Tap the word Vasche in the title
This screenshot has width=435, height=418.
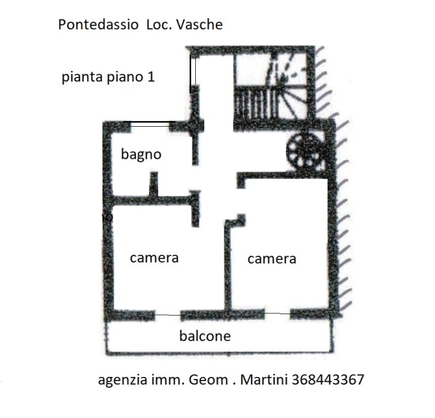pyautogui.click(x=199, y=24)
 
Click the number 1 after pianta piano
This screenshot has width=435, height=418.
pyautogui.click(x=150, y=77)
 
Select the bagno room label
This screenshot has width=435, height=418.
pyautogui.click(x=141, y=155)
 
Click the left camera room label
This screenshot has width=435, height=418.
pyautogui.click(x=154, y=258)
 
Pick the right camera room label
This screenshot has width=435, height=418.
pyautogui.click(x=272, y=259)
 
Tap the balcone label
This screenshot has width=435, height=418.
pyautogui.click(x=205, y=336)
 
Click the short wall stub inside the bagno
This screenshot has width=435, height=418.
pyautogui.click(x=153, y=184)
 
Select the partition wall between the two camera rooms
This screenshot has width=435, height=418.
pyautogui.click(x=226, y=268)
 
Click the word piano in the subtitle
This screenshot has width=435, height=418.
pyautogui.click(x=123, y=78)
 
